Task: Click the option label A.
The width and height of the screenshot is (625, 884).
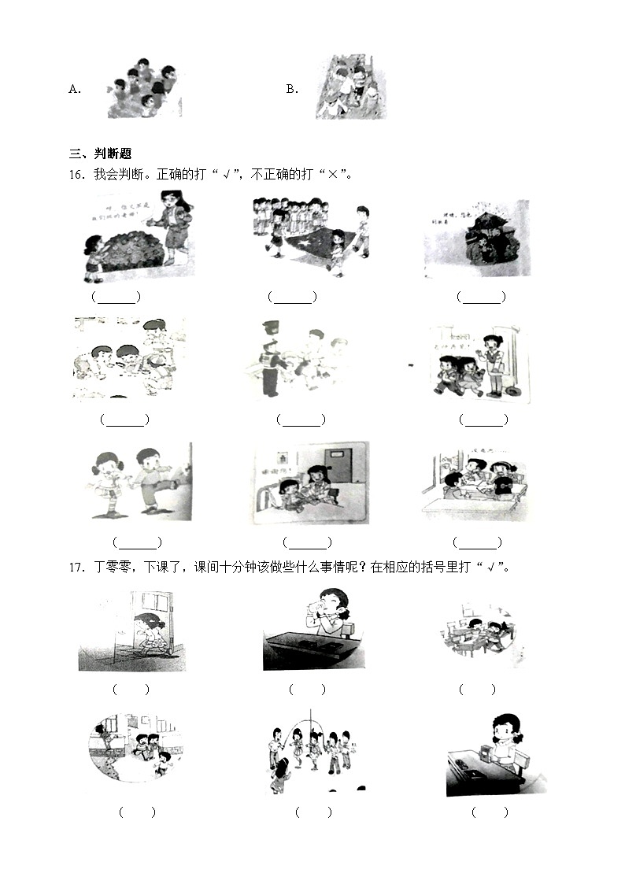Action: pyautogui.click(x=75, y=90)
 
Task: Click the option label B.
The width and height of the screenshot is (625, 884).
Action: pyautogui.click(x=292, y=90)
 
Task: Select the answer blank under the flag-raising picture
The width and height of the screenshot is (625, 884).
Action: pyautogui.click(x=292, y=298)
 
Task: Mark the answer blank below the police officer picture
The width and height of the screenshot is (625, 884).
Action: pyautogui.click(x=300, y=420)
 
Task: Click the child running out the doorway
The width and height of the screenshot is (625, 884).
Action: pyautogui.click(x=150, y=634)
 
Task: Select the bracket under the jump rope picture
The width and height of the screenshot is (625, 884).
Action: pyautogui.click(x=313, y=812)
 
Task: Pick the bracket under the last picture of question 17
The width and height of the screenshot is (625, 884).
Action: pyautogui.click(x=490, y=812)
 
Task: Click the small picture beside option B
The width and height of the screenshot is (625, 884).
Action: pyautogui.click(x=351, y=87)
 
